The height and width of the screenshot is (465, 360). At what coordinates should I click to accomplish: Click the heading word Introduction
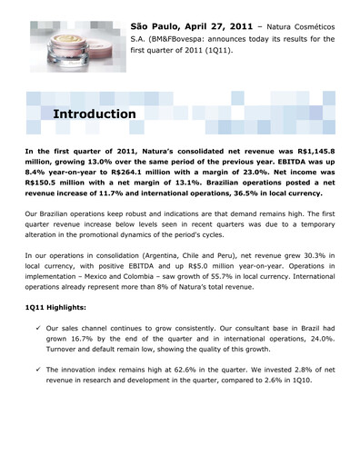[x=95, y=115]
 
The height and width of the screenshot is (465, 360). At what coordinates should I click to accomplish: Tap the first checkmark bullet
[x=34, y=356]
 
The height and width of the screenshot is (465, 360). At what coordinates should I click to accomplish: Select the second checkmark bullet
[x=34, y=395]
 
